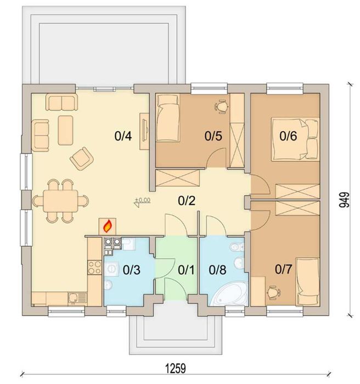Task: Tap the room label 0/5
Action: click(x=213, y=135)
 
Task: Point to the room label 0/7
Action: click(x=283, y=270)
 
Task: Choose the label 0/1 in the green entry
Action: click(x=186, y=270)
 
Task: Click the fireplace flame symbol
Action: click(x=108, y=225)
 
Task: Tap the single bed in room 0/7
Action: click(x=305, y=281)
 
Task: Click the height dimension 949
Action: click(x=344, y=200)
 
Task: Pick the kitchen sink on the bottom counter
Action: click(x=74, y=298)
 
